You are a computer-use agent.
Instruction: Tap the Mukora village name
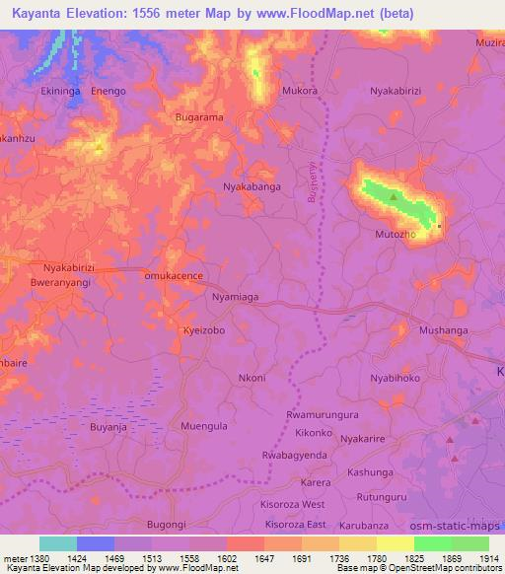(x=300, y=90)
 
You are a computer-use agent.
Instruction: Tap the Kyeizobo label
(x=205, y=331)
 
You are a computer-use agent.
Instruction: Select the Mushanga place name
(x=443, y=331)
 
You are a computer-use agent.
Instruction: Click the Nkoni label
(x=252, y=378)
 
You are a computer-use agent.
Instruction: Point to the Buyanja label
(x=110, y=426)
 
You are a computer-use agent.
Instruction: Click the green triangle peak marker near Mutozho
(x=394, y=197)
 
